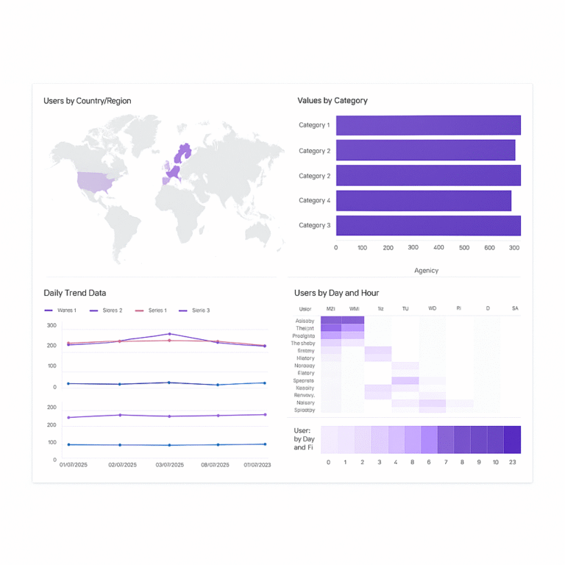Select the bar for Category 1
[428, 125]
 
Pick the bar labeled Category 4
[424, 201]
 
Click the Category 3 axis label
[314, 226]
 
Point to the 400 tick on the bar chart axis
[438, 248]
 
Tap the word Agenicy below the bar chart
[426, 271]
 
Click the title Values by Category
[333, 101]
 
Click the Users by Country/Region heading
[87, 101]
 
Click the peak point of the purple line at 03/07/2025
[169, 334]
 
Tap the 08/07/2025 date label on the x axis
[216, 465]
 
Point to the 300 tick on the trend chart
[51, 326]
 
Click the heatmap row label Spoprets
[304, 380]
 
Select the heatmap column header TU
[405, 309]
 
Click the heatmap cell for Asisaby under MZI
[331, 321]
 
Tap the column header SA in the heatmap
[515, 309]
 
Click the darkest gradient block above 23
[513, 439]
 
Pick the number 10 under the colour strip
[496, 463]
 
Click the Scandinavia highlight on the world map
[182, 154]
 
